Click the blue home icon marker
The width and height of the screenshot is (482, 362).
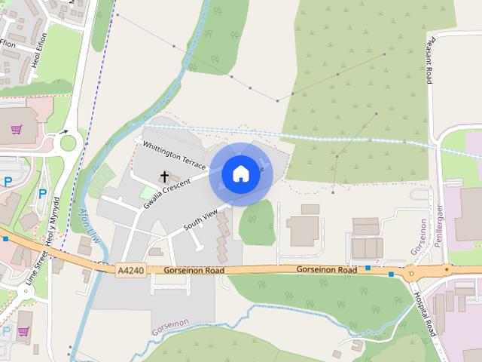pyautogui.click(x=240, y=174)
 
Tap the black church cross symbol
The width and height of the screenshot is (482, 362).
pyautogui.click(x=164, y=177)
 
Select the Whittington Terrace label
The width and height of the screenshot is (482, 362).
pyautogui.click(x=174, y=155)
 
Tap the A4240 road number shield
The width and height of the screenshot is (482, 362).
pyautogui.click(x=129, y=269)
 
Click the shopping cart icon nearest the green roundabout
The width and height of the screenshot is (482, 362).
pyautogui.click(x=16, y=129)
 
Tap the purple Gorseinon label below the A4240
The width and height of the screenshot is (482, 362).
pyautogui.click(x=170, y=327)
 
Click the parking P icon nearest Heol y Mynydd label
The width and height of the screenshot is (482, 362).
pyautogui.click(x=42, y=193)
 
